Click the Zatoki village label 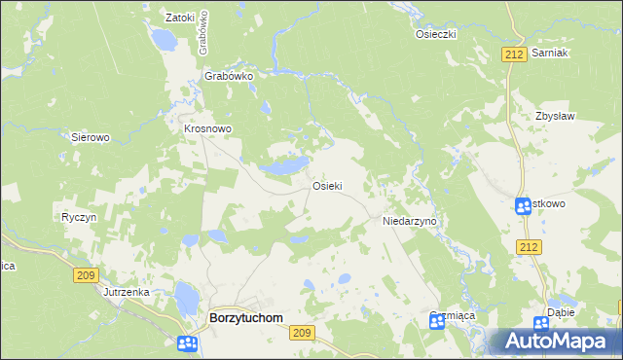(x=181, y=18)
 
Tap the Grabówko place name (x=229, y=75)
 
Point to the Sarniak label (x=551, y=53)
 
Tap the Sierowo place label (x=91, y=138)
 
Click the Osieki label (x=326, y=186)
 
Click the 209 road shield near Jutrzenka (x=86, y=276)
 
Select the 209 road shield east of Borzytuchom (x=302, y=333)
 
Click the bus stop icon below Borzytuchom (x=188, y=342)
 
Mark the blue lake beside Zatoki (x=163, y=40)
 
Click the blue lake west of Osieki (x=284, y=166)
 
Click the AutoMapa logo (x=555, y=342)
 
